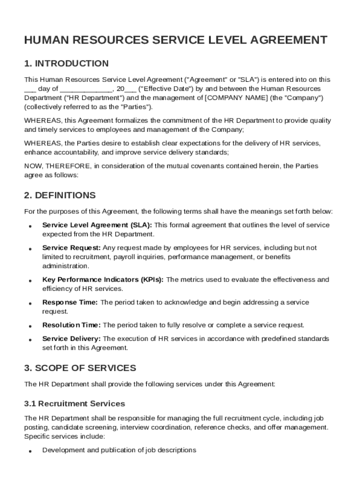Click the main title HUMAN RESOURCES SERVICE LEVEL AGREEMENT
[176, 40]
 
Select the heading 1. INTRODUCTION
[66, 64]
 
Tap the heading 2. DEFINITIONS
[60, 195]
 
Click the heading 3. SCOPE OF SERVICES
[80, 368]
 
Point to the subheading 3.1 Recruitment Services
[75, 403]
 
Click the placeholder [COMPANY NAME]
[230, 98]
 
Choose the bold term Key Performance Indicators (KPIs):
[103, 280]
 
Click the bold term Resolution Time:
[72, 325]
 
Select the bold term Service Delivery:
[72, 338]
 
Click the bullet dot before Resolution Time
[29, 326]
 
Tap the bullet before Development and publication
[29, 451]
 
